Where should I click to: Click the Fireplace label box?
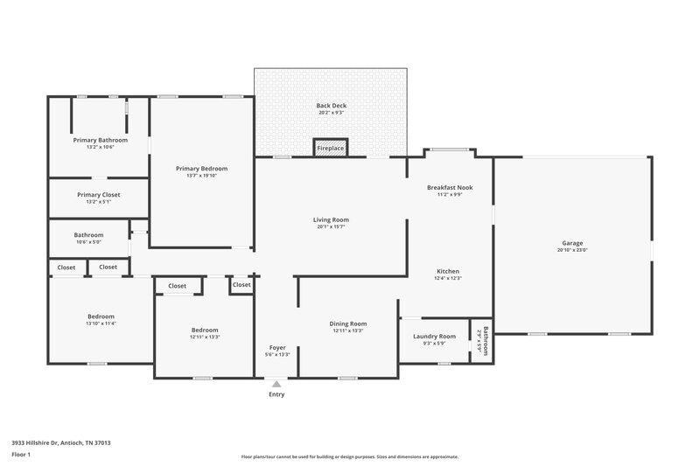pyautogui.click(x=331, y=149)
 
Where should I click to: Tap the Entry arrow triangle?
pyautogui.click(x=276, y=383)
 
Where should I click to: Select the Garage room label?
pyautogui.click(x=572, y=243)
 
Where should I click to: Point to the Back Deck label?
pyautogui.click(x=332, y=106)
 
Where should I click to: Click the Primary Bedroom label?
pyautogui.click(x=201, y=168)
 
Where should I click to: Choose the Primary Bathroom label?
pyautogui.click(x=100, y=140)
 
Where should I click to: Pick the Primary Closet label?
pyautogui.click(x=99, y=194)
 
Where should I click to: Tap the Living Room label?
pyautogui.click(x=331, y=219)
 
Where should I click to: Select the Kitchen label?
pyautogui.click(x=448, y=271)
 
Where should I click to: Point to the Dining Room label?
pyautogui.click(x=347, y=323)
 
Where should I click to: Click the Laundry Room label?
pyautogui.click(x=434, y=336)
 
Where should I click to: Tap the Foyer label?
pyautogui.click(x=276, y=347)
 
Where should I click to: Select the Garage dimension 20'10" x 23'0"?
pyautogui.click(x=572, y=251)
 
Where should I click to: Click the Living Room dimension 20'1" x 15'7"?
pyautogui.click(x=331, y=227)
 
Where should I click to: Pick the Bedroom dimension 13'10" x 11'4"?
pyautogui.click(x=101, y=323)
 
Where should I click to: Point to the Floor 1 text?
pyautogui.click(x=21, y=455)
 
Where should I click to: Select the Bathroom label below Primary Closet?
pyautogui.click(x=88, y=234)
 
